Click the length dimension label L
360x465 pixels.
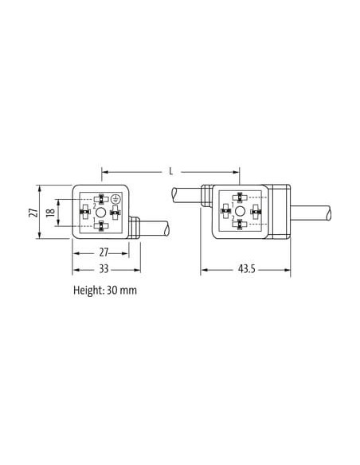click(x=170, y=171)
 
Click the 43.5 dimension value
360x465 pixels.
click(x=246, y=269)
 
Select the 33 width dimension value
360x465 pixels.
click(x=104, y=269)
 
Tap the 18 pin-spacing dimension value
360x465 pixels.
click(x=51, y=212)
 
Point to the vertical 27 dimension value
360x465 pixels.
click(x=33, y=212)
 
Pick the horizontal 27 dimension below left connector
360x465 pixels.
click(x=104, y=252)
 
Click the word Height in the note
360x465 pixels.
click(x=88, y=290)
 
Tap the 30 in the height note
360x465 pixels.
click(x=112, y=290)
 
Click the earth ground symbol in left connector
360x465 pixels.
click(x=115, y=199)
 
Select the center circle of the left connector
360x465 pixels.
click(x=101, y=213)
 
